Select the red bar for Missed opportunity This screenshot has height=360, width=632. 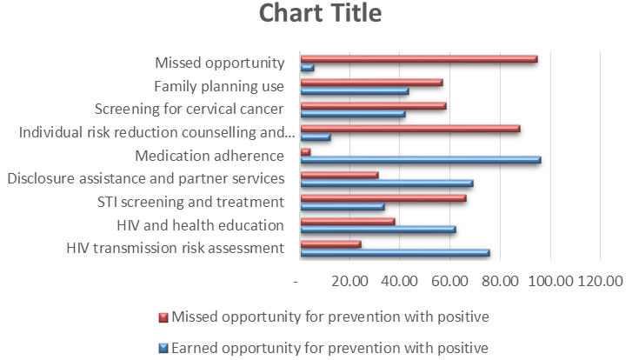coord(418,59)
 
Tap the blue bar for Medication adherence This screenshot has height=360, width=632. coord(420,160)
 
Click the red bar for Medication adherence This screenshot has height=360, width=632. coord(305,152)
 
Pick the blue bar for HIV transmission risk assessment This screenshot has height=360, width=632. coord(395,253)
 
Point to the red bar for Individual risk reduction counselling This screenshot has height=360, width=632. coord(409,129)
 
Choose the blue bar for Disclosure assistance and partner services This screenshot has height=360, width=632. coord(386,183)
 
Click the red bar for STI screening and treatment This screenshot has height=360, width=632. coord(383,198)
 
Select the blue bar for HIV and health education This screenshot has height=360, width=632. coord(377,230)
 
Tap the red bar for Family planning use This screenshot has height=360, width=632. coord(371,83)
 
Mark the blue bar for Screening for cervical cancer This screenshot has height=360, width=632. coord(352,114)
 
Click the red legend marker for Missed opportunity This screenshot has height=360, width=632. coord(163,316)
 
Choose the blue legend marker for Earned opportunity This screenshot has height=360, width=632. coord(163,348)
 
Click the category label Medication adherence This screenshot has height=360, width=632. coord(210,156)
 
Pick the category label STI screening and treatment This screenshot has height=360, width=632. coord(191,202)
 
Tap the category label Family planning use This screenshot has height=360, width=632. coord(219,85)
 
